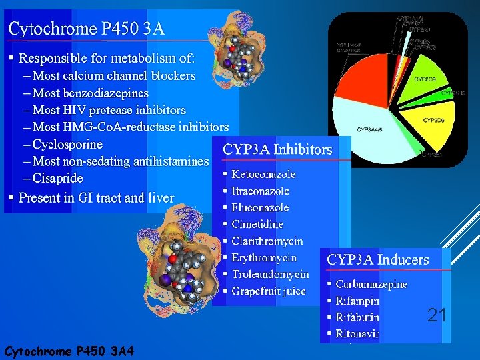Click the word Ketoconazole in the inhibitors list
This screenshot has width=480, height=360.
pos(263,174)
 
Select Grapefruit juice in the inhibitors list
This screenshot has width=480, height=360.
pos(269,291)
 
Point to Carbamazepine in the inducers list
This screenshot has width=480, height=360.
pos(371,284)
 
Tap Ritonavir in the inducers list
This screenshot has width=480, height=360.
pos(357,333)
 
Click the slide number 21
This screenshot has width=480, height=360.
pos(437,315)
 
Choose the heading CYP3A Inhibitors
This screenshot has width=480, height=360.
pos(277,149)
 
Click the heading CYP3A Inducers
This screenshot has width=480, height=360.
pos(378,259)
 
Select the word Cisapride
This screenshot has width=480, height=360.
pos(58,178)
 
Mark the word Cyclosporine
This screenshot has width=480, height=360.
pos(67,144)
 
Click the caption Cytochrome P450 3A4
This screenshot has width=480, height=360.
pos(69,351)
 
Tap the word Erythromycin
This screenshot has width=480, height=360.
pos(264,257)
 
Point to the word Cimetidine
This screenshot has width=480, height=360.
pos(257,224)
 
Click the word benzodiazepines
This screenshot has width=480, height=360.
pos(107,93)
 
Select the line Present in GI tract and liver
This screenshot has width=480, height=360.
pos(96,198)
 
